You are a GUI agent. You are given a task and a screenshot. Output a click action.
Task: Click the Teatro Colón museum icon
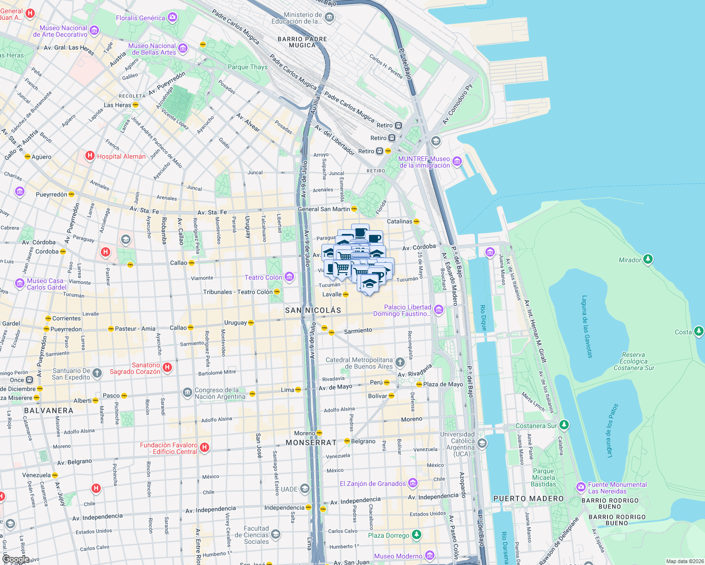[x=289, y=277]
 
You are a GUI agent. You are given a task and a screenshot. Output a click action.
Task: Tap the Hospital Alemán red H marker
[x=90, y=155]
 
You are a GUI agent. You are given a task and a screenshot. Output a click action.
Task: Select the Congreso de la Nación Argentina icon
[x=188, y=392]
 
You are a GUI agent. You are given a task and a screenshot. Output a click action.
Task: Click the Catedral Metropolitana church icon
[x=400, y=362]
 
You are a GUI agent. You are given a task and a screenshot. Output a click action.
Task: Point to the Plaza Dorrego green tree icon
[x=416, y=534]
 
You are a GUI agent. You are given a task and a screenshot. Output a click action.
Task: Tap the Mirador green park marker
[x=648, y=259]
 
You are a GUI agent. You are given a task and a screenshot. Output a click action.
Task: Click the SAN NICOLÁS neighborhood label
[x=313, y=310]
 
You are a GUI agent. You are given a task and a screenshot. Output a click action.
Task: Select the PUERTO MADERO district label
[x=528, y=499]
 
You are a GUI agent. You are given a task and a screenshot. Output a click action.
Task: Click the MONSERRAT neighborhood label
[x=311, y=443]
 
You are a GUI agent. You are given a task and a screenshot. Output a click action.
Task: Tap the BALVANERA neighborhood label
[x=49, y=411]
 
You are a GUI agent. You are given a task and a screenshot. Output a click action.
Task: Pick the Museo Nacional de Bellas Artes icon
[x=183, y=48]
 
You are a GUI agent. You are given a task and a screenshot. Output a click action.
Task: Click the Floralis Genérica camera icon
[x=172, y=18]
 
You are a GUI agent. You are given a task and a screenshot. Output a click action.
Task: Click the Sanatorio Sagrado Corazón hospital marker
[x=167, y=367]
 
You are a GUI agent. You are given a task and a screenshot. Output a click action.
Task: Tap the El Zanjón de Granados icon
[x=413, y=483]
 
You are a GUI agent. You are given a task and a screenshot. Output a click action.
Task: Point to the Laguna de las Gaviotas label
[x=588, y=327]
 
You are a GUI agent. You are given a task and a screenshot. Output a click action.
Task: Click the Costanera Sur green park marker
[x=564, y=425]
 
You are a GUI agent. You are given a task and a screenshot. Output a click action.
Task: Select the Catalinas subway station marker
[x=416, y=221]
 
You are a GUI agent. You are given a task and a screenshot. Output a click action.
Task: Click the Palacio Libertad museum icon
[x=439, y=309]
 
